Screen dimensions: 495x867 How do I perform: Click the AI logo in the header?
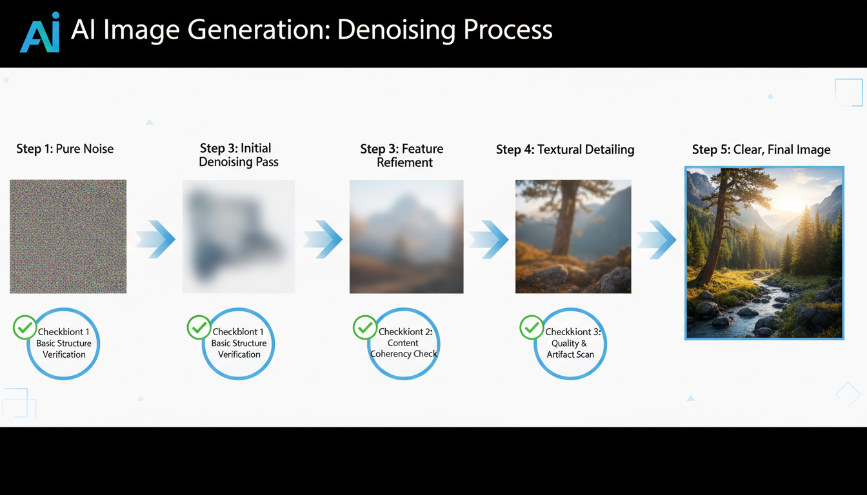40,32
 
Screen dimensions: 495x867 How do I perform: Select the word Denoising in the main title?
380,30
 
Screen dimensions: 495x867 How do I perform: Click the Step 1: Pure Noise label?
65,149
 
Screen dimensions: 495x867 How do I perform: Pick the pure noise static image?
68,237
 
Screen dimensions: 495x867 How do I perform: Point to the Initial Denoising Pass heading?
238,155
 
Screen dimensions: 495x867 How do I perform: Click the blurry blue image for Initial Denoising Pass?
238,237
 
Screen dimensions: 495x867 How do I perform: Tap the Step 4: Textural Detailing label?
565,150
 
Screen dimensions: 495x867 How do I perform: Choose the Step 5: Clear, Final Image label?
761,150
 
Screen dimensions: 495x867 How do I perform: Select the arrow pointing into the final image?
657,240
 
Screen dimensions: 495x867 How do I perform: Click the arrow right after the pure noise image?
155,240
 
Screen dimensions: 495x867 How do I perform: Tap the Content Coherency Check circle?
404,343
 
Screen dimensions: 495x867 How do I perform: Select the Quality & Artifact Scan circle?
570,343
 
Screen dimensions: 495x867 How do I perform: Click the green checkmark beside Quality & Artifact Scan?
532,327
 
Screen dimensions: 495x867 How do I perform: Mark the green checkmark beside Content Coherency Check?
365,327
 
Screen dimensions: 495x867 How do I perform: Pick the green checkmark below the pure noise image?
25,327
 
